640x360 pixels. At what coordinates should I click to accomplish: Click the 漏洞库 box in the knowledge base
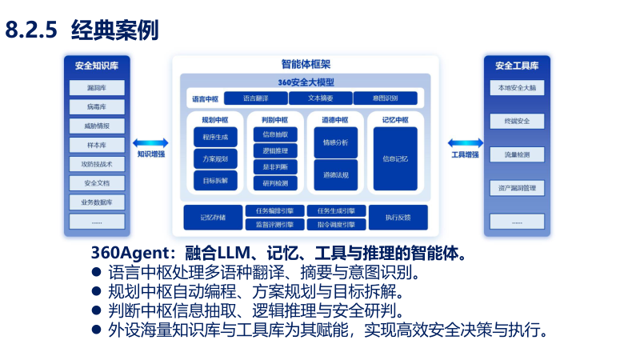tap(97, 88)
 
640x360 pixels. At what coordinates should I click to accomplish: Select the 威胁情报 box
tap(97, 126)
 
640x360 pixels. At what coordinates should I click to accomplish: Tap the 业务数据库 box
tap(97, 202)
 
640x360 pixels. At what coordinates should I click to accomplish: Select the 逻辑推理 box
tap(275, 150)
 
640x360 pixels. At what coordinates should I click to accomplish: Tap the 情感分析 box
tap(335, 142)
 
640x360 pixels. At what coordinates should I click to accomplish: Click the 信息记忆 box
tap(395, 159)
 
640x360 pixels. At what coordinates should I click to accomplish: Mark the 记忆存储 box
tap(213, 217)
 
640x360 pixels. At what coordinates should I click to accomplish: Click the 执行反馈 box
tap(397, 217)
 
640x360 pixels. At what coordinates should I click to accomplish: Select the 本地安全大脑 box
tap(516, 88)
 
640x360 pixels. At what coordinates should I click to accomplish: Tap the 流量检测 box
tap(516, 154)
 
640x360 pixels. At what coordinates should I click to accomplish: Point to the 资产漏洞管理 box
tap(516, 188)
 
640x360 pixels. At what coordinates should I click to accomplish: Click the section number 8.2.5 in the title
tap(30, 30)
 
